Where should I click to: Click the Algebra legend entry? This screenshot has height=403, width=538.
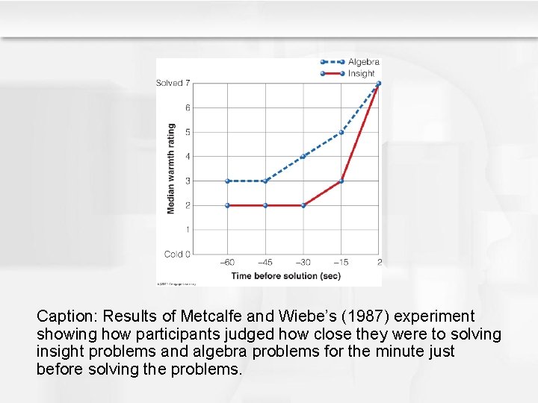[x=363, y=62]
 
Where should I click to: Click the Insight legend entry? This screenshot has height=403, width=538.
[x=362, y=73]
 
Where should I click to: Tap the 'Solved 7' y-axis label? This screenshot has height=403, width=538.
[x=173, y=83]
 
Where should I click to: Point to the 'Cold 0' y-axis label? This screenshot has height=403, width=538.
[x=177, y=254]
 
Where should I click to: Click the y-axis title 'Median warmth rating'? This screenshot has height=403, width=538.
[x=171, y=169]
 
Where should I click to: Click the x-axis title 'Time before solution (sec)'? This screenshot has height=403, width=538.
[x=285, y=275]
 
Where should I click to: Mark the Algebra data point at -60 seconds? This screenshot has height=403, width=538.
[x=227, y=181]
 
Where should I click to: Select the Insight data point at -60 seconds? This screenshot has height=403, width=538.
[x=227, y=205]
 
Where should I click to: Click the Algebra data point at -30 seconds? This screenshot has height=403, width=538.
[x=303, y=157]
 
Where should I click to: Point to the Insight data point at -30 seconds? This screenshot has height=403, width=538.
[x=303, y=205]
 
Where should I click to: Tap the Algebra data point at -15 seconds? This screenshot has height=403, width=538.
[x=341, y=132]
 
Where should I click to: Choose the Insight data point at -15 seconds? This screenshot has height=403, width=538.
[x=341, y=181]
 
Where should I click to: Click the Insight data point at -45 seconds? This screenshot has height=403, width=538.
[x=265, y=205]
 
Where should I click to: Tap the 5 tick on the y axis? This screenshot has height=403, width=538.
[x=188, y=132]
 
